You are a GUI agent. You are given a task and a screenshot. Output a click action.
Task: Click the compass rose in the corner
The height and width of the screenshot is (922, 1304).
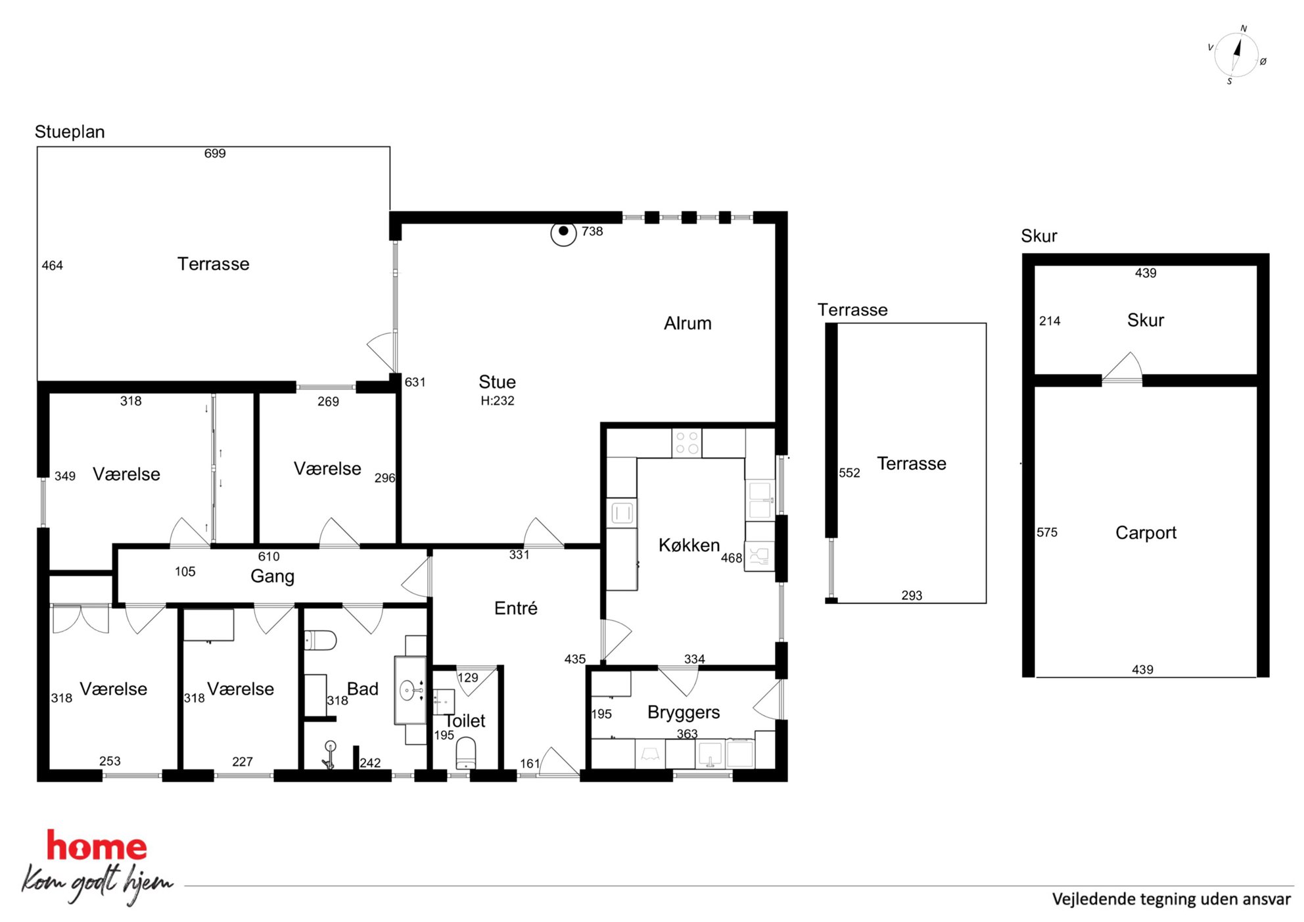tap(1236, 55)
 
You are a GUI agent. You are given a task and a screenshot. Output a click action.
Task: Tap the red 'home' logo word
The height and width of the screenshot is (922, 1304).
tap(96, 846)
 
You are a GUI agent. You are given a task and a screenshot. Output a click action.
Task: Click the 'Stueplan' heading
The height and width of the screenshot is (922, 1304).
tap(70, 132)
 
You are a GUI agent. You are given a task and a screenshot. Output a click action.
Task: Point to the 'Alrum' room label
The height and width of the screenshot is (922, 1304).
tap(687, 323)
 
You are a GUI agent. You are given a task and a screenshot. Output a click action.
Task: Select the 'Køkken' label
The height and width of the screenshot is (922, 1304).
tap(689, 545)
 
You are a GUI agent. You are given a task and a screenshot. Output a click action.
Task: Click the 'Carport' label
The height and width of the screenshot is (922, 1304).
tap(1146, 533)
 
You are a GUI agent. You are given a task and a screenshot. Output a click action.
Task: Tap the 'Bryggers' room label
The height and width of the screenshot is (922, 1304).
tap(684, 712)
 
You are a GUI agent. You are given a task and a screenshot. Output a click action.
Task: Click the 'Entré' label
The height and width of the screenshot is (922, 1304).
tap(516, 609)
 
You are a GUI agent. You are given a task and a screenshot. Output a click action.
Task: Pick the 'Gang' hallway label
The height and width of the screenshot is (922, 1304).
tap(272, 577)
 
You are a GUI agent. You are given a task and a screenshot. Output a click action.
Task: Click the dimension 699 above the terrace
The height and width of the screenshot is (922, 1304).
tap(215, 154)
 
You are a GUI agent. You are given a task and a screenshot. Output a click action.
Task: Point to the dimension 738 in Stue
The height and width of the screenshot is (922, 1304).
tap(592, 231)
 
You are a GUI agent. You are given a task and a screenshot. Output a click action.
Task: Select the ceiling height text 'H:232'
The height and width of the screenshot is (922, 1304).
tap(498, 401)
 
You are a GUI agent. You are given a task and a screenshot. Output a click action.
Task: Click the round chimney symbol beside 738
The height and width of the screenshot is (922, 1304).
tap(563, 232)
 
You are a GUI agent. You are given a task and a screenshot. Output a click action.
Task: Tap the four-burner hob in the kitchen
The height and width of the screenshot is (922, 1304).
tap(687, 442)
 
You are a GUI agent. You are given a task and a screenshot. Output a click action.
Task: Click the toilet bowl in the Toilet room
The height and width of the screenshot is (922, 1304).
tap(465, 753)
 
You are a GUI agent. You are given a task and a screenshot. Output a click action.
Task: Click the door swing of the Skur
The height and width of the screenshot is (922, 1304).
tap(1123, 367)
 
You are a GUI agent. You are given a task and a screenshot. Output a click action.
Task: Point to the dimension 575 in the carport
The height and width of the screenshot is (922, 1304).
tap(1047, 532)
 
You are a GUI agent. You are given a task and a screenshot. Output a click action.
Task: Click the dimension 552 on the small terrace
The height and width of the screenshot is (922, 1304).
tap(849, 473)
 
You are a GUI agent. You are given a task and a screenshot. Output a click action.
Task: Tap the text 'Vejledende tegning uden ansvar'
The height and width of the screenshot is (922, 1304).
tap(1171, 899)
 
